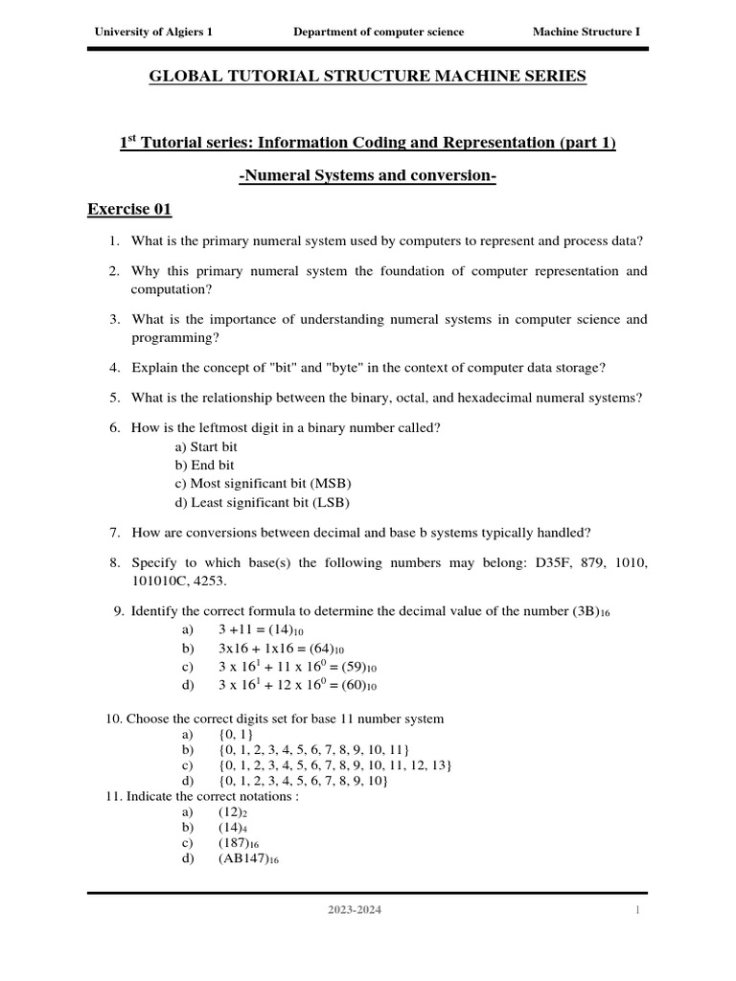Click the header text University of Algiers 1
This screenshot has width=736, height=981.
[x=152, y=32]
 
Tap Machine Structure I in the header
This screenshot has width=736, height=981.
[x=586, y=32]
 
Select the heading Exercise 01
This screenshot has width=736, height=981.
[x=129, y=209]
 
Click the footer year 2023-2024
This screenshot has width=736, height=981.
[x=354, y=910]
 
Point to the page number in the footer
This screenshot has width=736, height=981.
[x=636, y=910]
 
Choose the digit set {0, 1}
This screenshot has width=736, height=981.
[x=233, y=733]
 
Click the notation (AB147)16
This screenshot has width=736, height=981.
[x=248, y=859]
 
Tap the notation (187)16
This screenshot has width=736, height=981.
[x=239, y=843]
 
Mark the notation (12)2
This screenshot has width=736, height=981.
[x=234, y=811]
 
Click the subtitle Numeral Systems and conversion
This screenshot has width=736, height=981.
[x=367, y=176]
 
